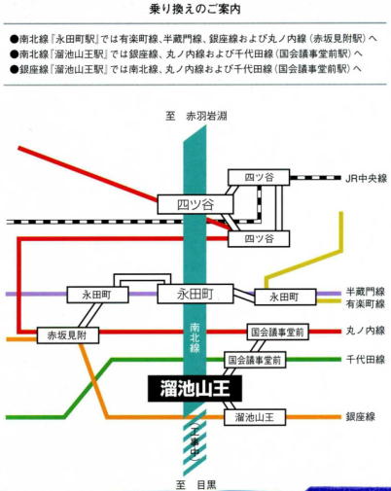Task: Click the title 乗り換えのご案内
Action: coord(195,9)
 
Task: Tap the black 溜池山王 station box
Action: coord(195,388)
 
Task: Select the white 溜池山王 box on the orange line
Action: coord(255,417)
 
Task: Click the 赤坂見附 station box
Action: coord(68,335)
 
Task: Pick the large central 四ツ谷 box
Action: coord(195,204)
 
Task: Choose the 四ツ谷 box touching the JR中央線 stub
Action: coord(259,177)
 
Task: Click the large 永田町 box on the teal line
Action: coord(195,294)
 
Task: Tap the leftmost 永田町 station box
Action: coord(97,295)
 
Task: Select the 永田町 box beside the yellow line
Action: coord(285,297)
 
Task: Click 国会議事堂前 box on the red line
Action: coord(277,332)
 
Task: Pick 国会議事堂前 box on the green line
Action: coord(255,360)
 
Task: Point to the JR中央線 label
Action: coord(366,178)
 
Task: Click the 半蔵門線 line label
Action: coord(366,292)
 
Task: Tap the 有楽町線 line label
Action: coord(366,303)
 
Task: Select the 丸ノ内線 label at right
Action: coord(366,331)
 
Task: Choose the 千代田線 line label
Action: coord(366,359)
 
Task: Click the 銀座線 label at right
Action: coord(361,416)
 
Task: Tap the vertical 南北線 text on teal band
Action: coord(195,338)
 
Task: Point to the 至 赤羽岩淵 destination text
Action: coord(196,116)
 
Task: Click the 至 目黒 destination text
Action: coord(195,485)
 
